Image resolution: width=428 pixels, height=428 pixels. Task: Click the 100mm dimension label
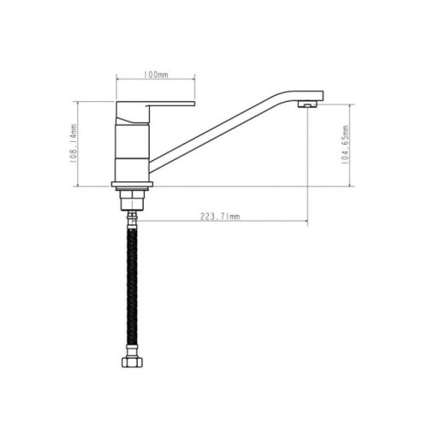(x=156, y=74)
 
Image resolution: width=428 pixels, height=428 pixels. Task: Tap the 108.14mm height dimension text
(x=74, y=144)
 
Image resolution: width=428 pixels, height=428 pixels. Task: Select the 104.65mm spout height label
(x=345, y=145)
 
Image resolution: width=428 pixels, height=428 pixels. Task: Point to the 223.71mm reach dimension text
(x=220, y=217)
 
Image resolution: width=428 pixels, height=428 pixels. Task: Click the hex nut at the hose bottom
(x=132, y=362)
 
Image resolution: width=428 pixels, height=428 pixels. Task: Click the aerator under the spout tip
(x=307, y=104)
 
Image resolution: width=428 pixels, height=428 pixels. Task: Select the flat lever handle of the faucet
(x=156, y=104)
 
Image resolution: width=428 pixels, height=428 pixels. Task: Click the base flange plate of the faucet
(x=132, y=184)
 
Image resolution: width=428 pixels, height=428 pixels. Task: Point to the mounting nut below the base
(x=132, y=200)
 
